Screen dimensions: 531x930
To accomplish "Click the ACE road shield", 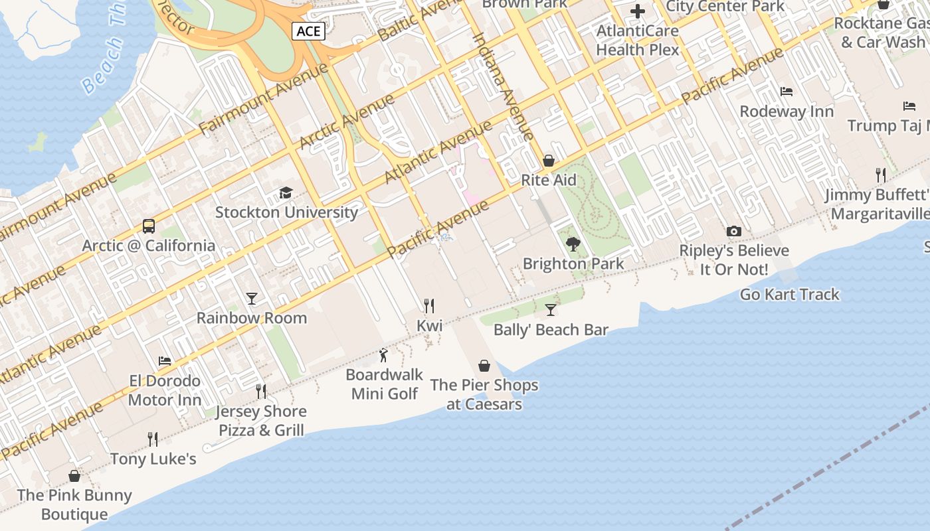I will pos(308,31).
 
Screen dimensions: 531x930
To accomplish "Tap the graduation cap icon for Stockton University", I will pos(286,192).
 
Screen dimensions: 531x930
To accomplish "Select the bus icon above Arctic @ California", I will pos(149,226).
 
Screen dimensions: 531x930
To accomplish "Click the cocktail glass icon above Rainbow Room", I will pos(252,298).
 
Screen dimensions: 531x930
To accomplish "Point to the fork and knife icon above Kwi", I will pos(429,306).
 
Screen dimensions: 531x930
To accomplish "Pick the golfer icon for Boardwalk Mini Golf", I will pos(383,356).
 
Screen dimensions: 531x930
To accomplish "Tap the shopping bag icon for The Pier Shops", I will pos(484,366).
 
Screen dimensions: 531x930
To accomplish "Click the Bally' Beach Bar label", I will pos(551,330).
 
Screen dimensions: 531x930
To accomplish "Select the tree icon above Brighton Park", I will pos(573,244).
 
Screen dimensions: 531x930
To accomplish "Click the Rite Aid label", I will pos(549,180).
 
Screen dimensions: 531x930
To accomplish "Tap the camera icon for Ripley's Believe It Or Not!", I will pos(734,231).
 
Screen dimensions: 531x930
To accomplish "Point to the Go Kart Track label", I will pos(789,294).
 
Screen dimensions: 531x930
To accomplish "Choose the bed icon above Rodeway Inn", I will pos(787,92).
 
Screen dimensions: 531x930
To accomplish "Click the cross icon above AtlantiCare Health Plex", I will pos(638,11).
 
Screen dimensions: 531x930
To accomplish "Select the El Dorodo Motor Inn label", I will pos(165,390).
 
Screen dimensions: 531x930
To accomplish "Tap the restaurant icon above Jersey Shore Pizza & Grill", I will pos(261,392).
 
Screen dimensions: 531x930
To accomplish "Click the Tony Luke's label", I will pos(153,459).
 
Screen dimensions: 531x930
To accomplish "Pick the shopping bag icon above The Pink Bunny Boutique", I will pos(74,476).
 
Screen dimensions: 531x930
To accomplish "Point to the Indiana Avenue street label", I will pos(503,86).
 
